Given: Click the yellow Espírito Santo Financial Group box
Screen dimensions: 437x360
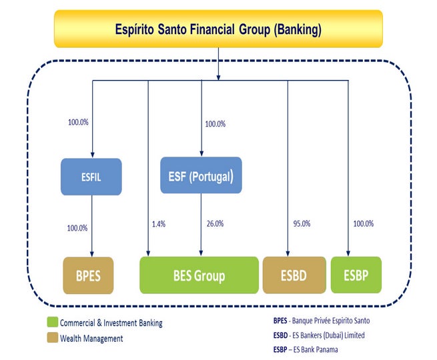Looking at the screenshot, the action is pyautogui.click(x=218, y=29).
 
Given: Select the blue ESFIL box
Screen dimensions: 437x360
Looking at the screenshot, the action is pyautogui.click(x=91, y=177).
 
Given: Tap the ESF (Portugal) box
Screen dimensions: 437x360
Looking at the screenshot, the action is pyautogui.click(x=201, y=175).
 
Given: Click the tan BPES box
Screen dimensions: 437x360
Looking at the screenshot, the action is pyautogui.click(x=88, y=275).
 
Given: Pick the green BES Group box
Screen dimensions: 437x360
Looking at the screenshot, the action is pyautogui.click(x=199, y=275).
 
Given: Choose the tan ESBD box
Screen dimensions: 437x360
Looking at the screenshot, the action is pyautogui.click(x=294, y=275).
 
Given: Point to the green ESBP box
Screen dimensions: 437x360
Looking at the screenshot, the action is pyautogui.click(x=356, y=275).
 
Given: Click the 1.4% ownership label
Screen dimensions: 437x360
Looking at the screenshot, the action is pyautogui.click(x=159, y=224).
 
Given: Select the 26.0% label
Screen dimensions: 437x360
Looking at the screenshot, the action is pyautogui.click(x=215, y=223).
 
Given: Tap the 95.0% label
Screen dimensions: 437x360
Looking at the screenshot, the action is pyautogui.click(x=302, y=223).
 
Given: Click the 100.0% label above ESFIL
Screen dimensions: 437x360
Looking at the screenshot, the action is pyautogui.click(x=78, y=122).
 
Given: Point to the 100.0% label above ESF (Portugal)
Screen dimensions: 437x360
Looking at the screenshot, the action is pyautogui.click(x=215, y=124).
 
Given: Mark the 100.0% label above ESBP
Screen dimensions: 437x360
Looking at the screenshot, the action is pyautogui.click(x=364, y=223).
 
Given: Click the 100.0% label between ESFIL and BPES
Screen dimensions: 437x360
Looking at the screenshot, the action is pyautogui.click(x=77, y=228).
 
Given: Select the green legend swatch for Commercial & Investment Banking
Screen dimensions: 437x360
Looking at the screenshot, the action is pyautogui.click(x=53, y=322).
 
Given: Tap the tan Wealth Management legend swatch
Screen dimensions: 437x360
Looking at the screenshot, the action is pyautogui.click(x=53, y=337).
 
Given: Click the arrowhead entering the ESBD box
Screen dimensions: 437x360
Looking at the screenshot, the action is pyautogui.click(x=288, y=253).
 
